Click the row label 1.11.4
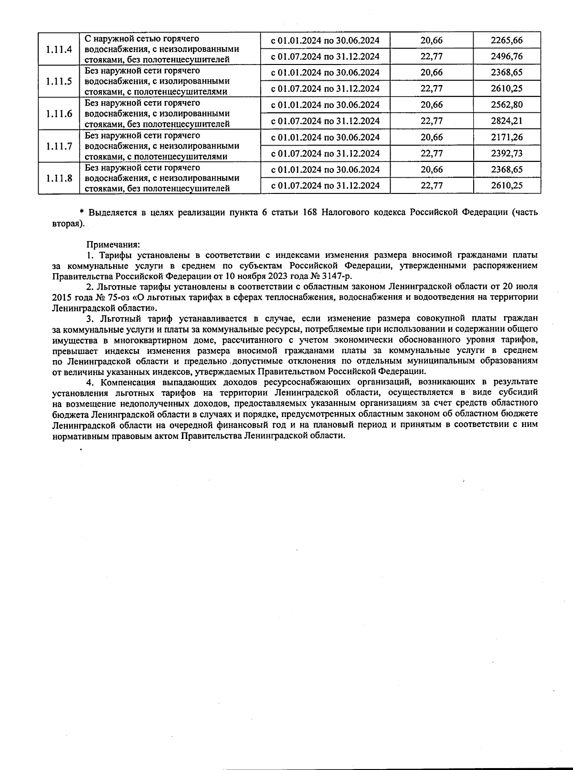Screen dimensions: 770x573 point(59,49)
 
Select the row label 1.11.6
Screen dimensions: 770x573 point(59,114)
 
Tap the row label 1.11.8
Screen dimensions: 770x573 point(59,178)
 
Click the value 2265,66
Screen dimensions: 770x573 point(507,41)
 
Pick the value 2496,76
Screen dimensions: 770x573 point(507,56)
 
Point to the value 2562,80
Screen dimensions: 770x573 point(507,105)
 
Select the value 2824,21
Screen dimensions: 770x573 point(507,121)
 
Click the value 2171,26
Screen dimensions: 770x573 point(507,138)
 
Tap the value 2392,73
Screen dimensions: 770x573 point(507,153)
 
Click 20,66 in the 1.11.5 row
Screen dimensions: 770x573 point(431,73)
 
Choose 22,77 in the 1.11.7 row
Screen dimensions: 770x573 point(431,153)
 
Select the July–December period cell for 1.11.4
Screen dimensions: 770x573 point(325,56)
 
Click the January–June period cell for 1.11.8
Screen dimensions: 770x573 point(325,170)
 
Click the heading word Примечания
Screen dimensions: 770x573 point(113,244)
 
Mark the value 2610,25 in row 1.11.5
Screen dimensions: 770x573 point(507,89)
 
